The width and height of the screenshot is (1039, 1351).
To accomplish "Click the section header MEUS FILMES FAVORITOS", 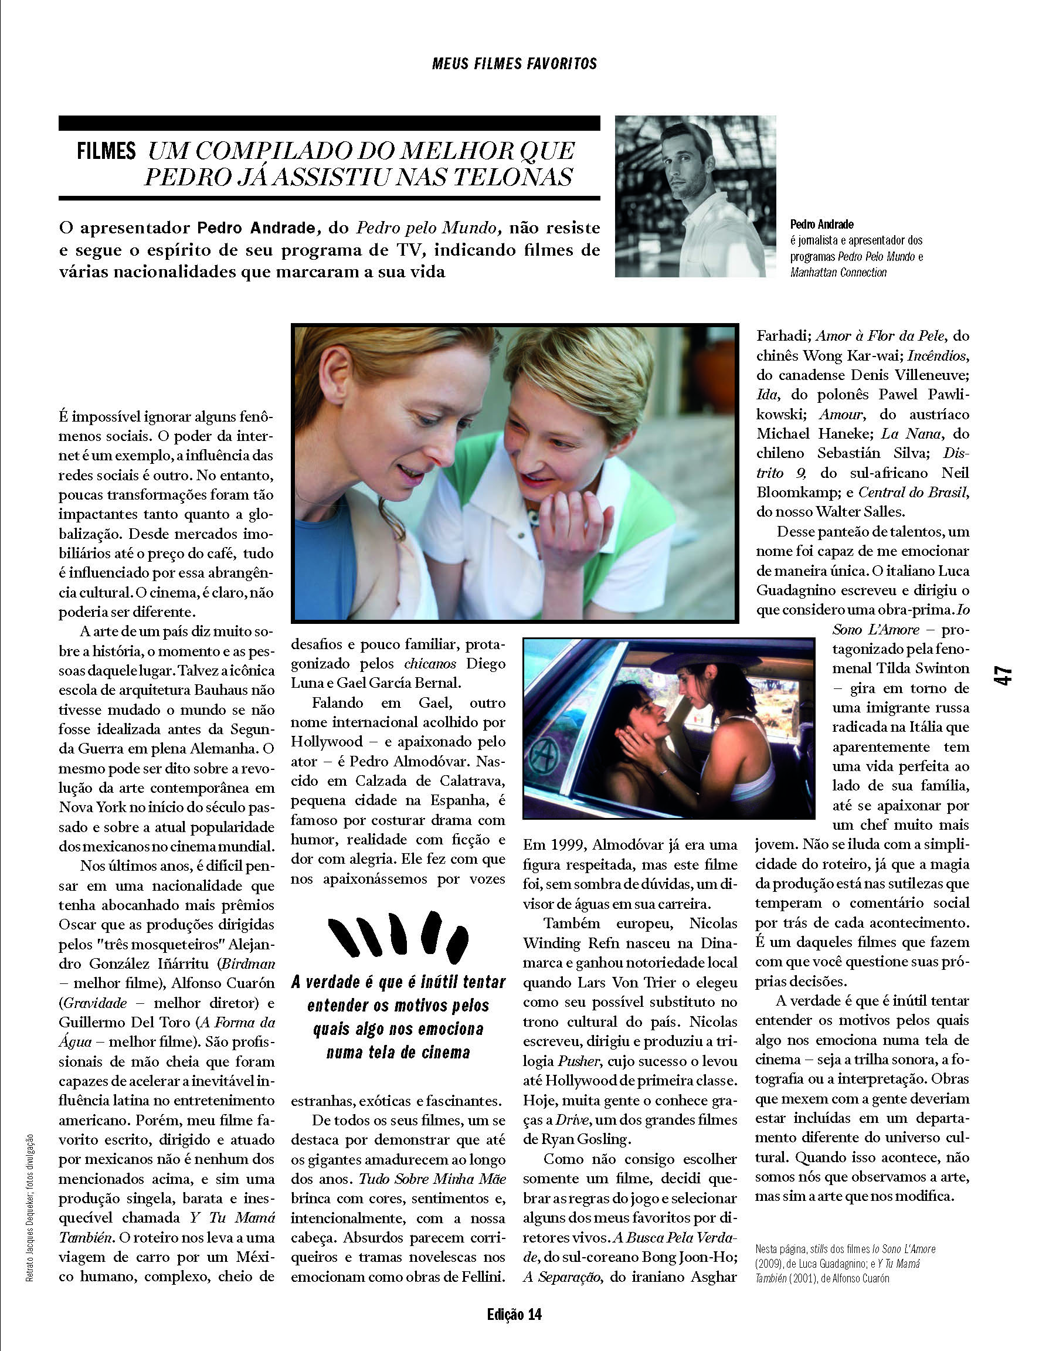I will [x=514, y=64].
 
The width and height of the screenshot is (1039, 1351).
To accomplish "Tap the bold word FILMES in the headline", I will [x=106, y=151].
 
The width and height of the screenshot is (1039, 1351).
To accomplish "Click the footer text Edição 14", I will [x=514, y=1315].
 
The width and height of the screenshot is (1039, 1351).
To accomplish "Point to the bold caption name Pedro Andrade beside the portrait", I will [x=821, y=225].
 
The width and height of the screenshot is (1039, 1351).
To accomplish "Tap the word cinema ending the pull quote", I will [x=440, y=1053].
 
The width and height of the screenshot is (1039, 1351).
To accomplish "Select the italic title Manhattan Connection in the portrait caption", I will [x=838, y=273].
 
